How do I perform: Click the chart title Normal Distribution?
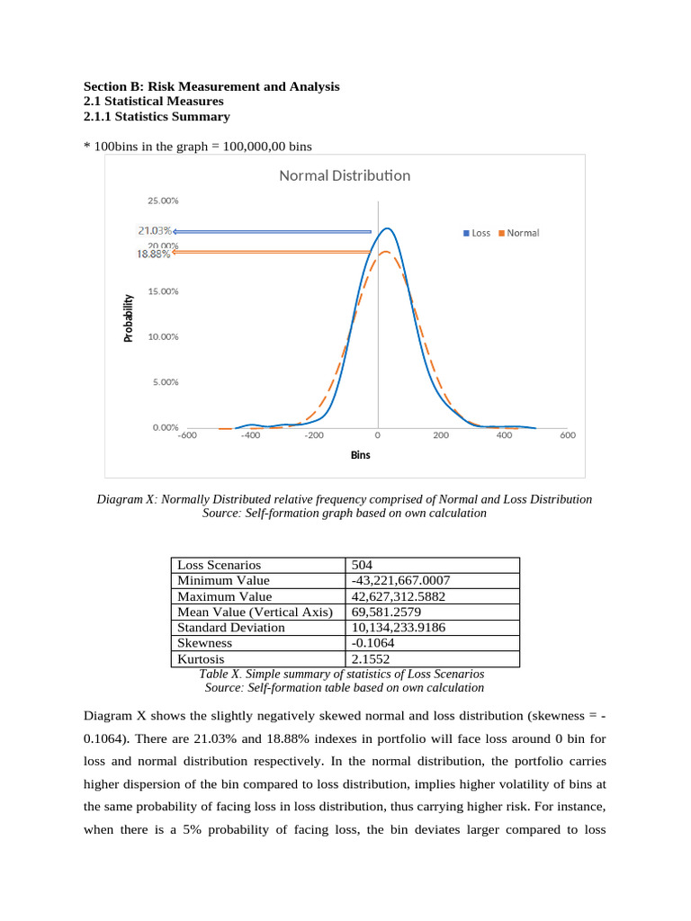[345, 175]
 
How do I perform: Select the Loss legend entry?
[477, 233]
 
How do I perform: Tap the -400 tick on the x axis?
[250, 435]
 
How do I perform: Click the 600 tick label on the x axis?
[567, 435]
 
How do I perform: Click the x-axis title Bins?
[360, 455]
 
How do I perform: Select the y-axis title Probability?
[128, 318]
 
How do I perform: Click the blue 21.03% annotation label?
[155, 230]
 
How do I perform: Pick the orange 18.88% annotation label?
[153, 254]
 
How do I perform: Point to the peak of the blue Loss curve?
[386, 228]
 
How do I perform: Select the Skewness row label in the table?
[204, 643]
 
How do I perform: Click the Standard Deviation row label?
[230, 627]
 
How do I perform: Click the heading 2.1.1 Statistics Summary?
[156, 117]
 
